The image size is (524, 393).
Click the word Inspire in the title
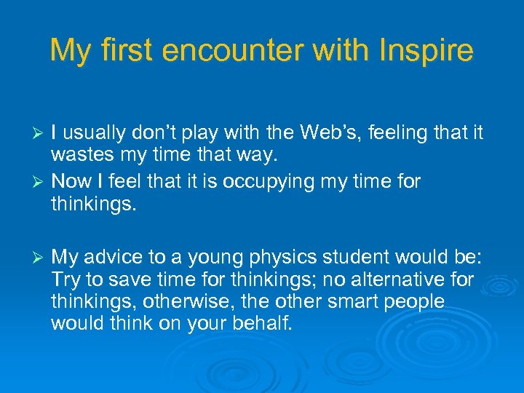(432, 51)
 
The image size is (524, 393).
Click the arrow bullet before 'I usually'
(41, 134)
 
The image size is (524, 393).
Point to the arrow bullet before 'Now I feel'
(41, 182)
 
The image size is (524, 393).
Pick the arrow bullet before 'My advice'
(41, 258)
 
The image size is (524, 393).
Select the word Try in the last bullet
(66, 280)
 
